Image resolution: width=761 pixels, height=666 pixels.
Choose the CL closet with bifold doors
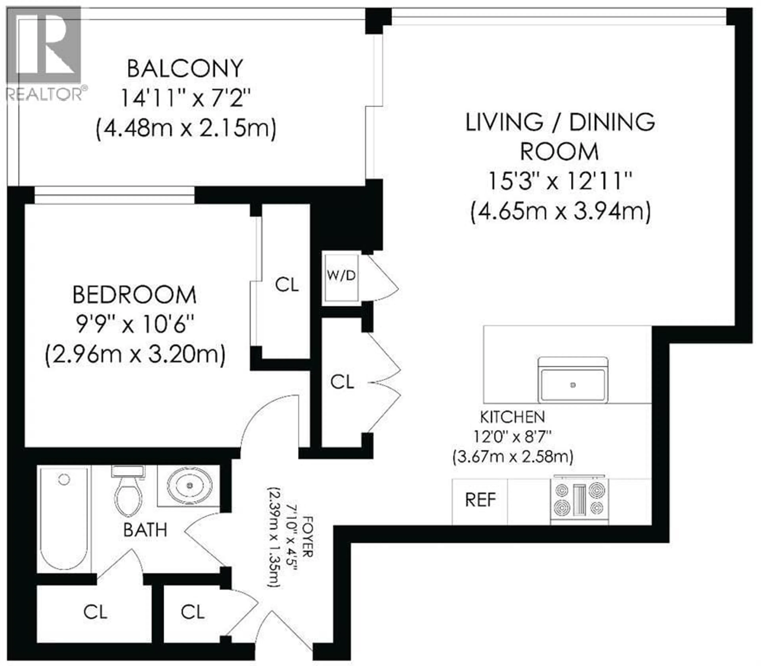342,382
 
